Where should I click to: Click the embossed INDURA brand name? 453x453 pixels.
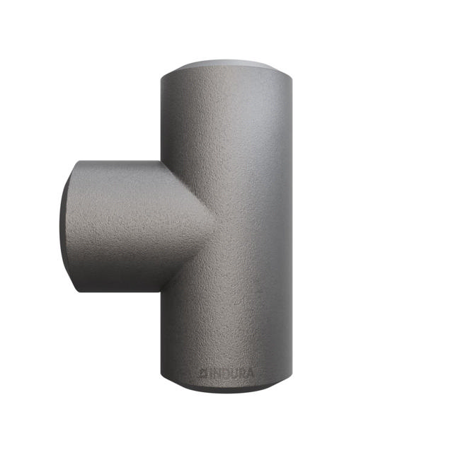tap(226, 372)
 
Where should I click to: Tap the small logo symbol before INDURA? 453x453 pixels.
tap(202, 372)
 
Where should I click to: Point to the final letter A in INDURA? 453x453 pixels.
tap(250, 372)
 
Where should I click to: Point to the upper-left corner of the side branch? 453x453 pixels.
tap(76, 163)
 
